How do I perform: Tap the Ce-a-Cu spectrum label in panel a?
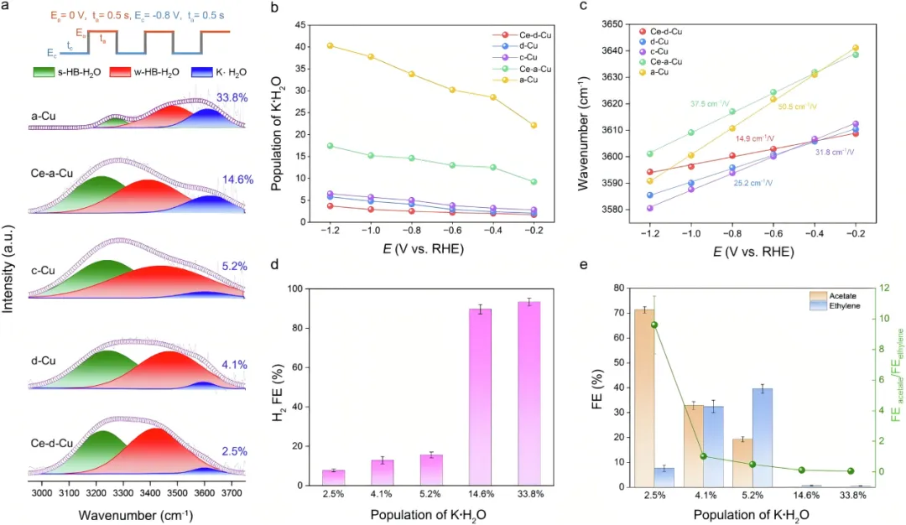[x=50, y=174]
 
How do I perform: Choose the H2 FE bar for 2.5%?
[x=333, y=477]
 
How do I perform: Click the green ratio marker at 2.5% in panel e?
[x=653, y=325]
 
